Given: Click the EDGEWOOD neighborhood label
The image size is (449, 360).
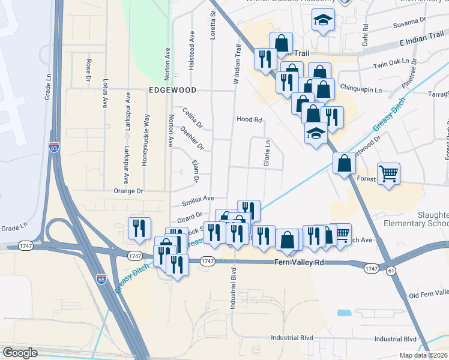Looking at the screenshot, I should [173, 90].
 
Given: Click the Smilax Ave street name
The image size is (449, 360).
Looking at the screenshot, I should [197, 198].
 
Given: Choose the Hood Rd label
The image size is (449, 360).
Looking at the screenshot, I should [250, 119].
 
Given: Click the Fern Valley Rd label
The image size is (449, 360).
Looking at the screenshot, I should [299, 262].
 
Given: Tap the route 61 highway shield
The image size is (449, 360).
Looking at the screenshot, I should [391, 271].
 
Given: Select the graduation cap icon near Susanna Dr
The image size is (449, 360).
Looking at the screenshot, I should [323, 20].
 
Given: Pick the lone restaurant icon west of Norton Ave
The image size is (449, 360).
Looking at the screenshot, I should [139, 227].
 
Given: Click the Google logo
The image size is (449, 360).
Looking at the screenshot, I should [20, 353].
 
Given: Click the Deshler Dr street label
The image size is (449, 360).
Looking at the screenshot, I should [191, 139].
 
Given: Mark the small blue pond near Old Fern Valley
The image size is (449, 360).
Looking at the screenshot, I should [344, 313].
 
